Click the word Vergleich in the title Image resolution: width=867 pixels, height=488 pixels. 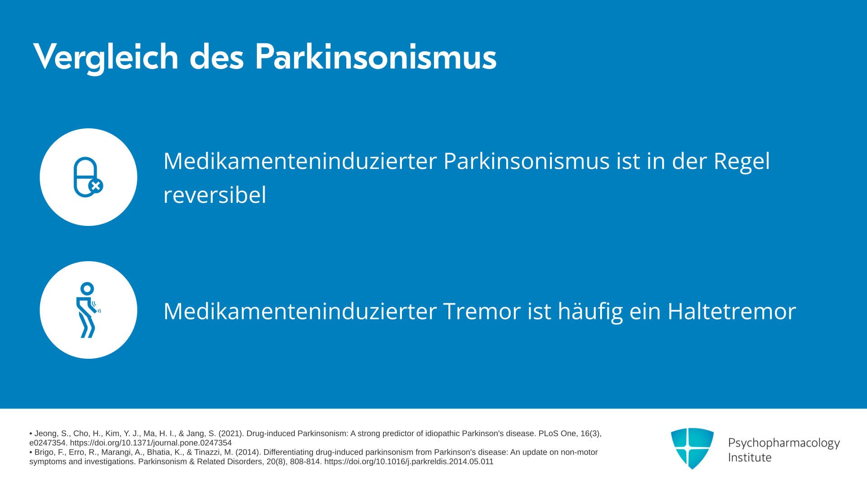point(106,57)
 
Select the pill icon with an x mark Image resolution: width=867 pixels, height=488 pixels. point(89,177)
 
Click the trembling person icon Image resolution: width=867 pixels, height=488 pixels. point(88,310)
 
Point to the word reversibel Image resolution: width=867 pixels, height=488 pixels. point(215,195)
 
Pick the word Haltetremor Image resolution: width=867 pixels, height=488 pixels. point(732,311)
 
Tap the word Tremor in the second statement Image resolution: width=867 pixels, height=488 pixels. point(482,311)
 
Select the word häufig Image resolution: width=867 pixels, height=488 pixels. point(590,312)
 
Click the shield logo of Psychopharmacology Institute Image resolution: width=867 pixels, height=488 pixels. point(692,448)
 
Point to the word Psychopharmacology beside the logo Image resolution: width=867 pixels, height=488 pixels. point(784,443)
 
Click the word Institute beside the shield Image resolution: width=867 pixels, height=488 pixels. point(750,457)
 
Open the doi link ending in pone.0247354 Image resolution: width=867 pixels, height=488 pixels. point(151,443)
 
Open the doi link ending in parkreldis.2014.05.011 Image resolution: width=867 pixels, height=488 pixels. point(409,462)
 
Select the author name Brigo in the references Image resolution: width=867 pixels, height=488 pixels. point(45,452)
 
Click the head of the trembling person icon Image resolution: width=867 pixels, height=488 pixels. point(87,289)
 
